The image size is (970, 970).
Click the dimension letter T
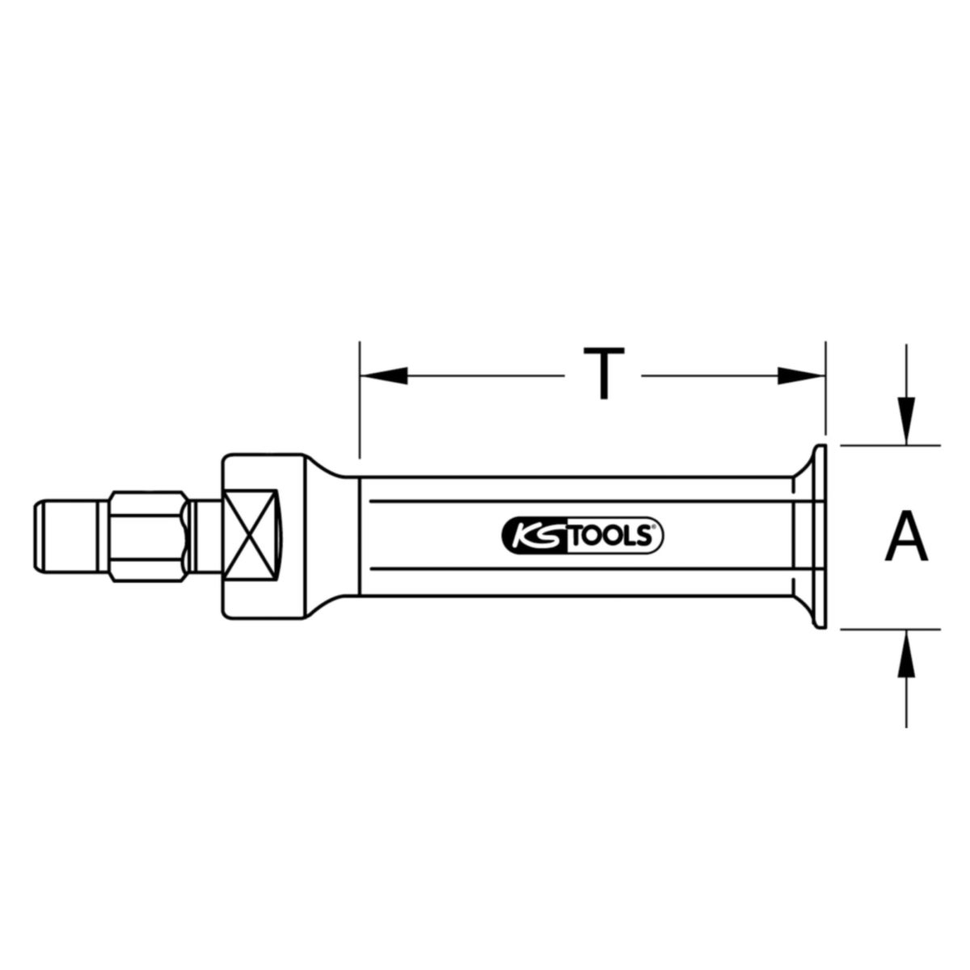[x=603, y=374]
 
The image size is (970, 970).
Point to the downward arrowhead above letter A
[x=907, y=421]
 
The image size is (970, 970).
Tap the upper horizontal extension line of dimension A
[x=889, y=445]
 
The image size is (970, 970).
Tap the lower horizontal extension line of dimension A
[x=889, y=628]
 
